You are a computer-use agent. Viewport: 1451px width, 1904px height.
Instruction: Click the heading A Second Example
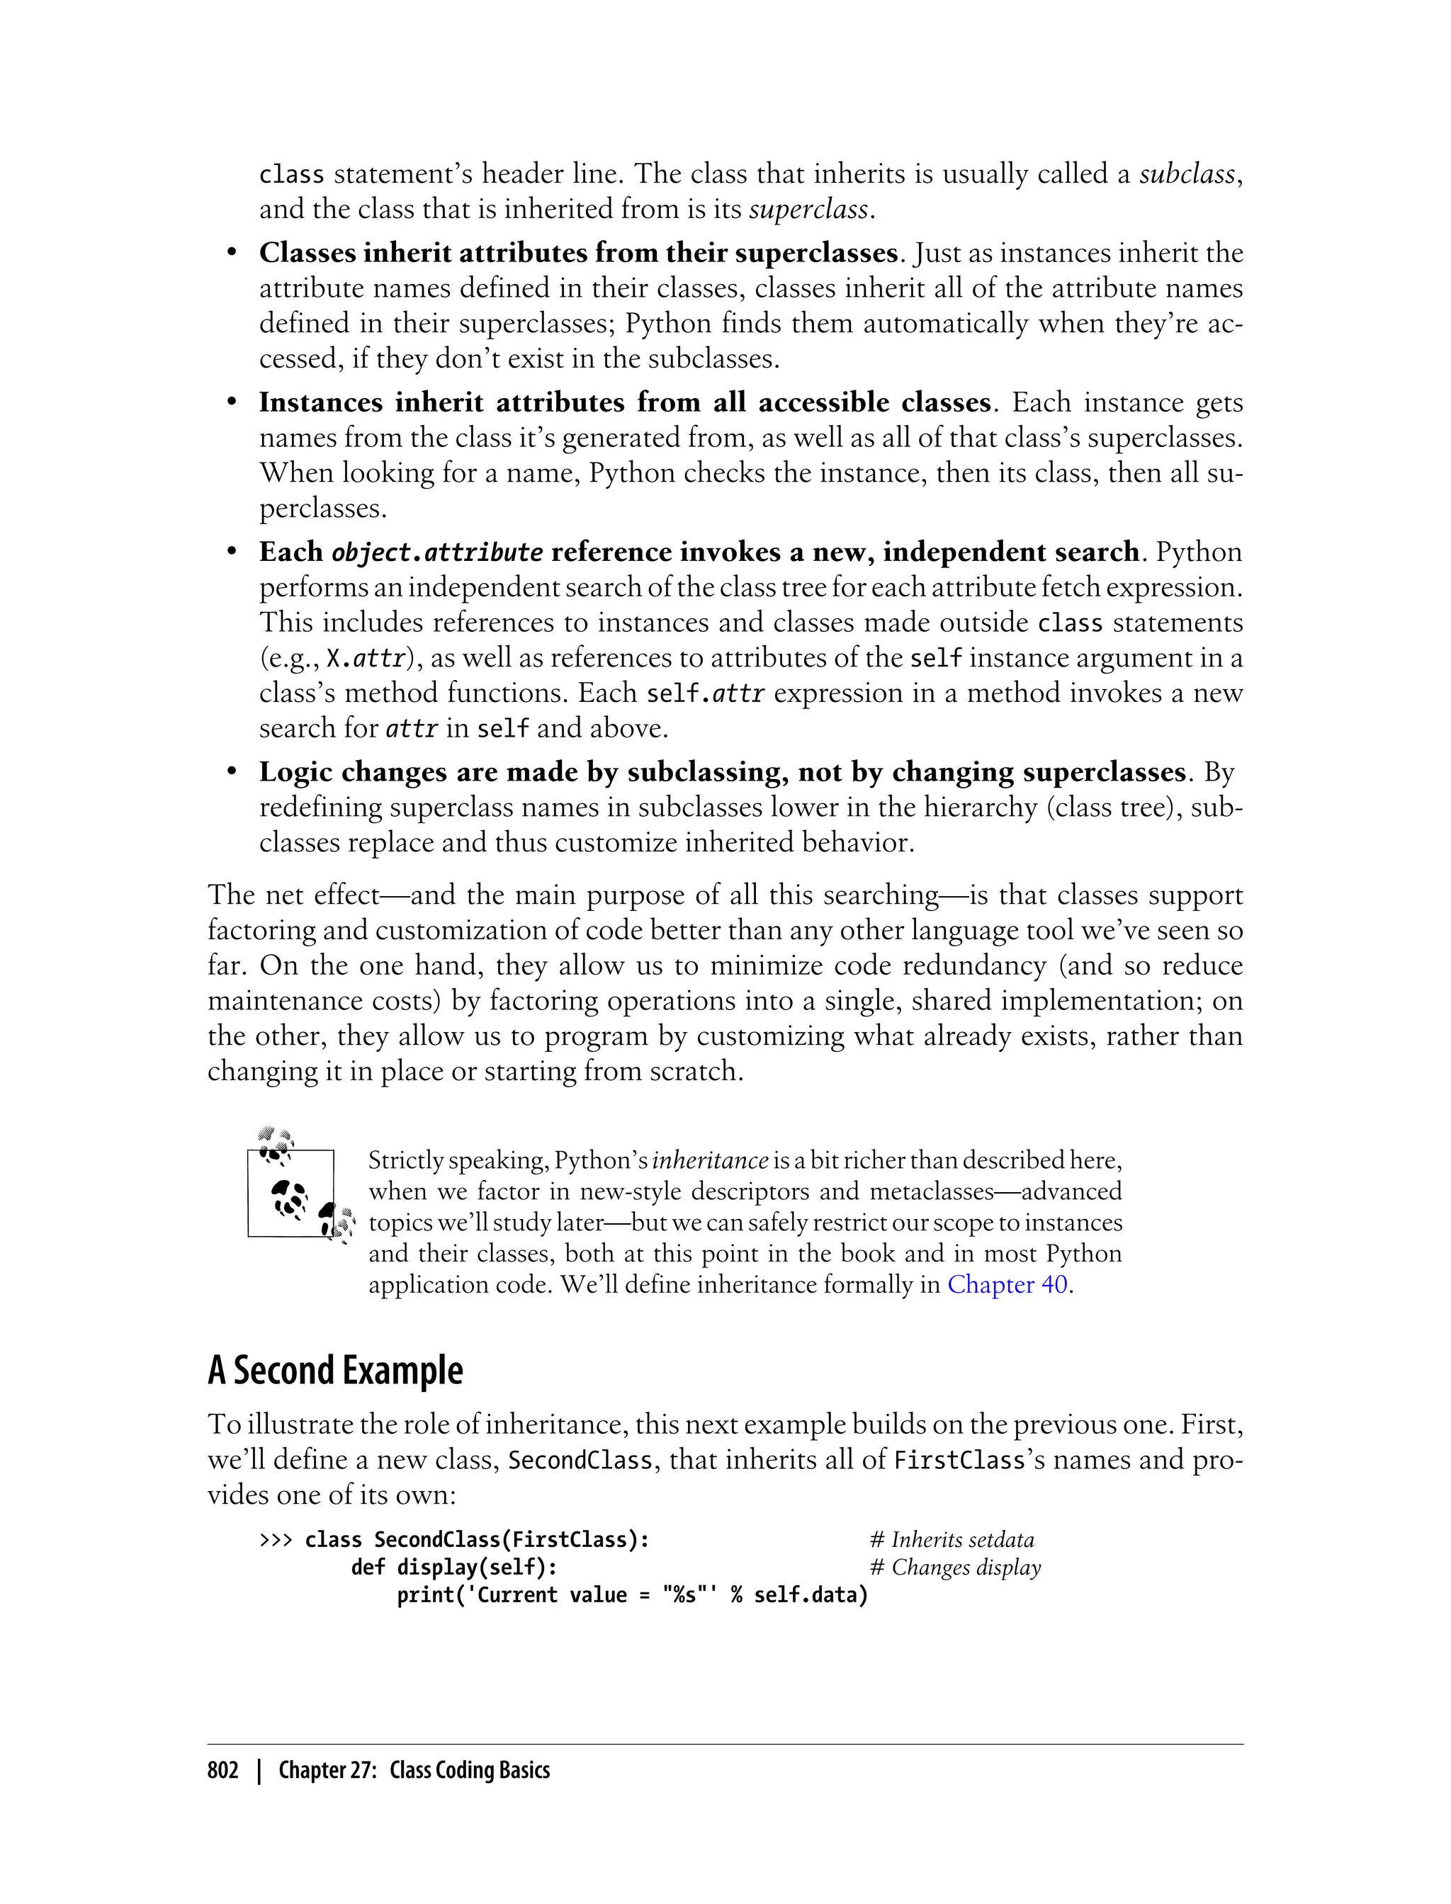[335, 1371]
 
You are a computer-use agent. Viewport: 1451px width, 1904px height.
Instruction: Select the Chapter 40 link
[1007, 1285]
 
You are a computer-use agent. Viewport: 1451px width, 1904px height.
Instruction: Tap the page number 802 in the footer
[223, 1770]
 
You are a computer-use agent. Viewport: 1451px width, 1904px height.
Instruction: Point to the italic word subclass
[1187, 174]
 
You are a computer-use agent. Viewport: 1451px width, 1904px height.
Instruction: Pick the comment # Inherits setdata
[951, 1540]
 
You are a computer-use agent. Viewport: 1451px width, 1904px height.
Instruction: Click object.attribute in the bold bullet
[438, 552]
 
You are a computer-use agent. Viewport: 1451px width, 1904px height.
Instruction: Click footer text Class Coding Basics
[469, 1770]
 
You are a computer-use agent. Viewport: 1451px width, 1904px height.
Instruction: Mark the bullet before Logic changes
[232, 772]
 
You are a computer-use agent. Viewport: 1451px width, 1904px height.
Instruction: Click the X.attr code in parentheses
[366, 659]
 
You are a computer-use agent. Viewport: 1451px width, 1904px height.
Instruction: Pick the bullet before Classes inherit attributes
[232, 253]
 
